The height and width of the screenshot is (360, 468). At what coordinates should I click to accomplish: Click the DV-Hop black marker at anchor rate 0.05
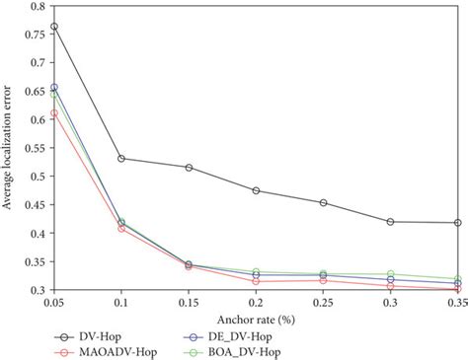[54, 27]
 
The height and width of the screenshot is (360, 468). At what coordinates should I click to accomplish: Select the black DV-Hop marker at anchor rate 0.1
[121, 158]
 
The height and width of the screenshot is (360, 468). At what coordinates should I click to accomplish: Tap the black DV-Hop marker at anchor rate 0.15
[189, 168]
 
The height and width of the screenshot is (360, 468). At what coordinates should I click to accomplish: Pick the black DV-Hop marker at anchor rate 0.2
[256, 190]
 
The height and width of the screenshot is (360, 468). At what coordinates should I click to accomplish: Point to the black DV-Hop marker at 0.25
[323, 203]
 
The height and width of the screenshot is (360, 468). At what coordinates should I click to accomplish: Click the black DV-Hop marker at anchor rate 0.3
[390, 222]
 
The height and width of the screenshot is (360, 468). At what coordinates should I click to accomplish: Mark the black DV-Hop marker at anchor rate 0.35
[457, 223]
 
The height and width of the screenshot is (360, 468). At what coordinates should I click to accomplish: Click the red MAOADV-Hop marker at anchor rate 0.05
[54, 113]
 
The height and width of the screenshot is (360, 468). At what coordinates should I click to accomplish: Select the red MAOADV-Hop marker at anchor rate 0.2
[256, 281]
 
